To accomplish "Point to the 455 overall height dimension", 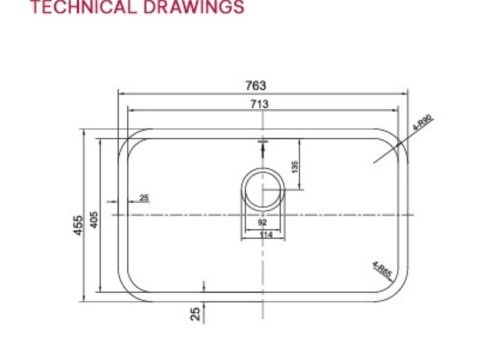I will click(78, 224).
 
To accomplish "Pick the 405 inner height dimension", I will click(96, 221).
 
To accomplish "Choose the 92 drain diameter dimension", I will click(262, 222).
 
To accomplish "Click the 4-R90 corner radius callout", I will click(423, 124).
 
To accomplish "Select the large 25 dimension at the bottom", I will click(196, 313).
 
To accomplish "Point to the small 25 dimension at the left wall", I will click(145, 197).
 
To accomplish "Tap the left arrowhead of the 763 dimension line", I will click(121, 93).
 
